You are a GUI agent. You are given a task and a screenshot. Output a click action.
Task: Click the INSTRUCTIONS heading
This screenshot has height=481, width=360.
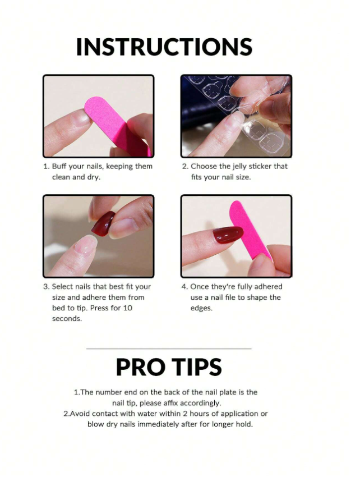pos(164,47)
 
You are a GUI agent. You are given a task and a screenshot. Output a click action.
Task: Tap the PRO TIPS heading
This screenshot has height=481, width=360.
pos(169,367)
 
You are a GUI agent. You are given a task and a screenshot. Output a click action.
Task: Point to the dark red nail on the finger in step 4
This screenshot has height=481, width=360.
pos(228,235)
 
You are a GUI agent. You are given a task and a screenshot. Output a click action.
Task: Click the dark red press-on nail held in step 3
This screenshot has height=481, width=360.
pos(104,223)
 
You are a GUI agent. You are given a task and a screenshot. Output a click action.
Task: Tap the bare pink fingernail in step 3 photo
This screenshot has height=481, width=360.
pos(86,245)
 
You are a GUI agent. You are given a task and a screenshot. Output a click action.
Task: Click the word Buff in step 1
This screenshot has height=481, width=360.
pos(59,166)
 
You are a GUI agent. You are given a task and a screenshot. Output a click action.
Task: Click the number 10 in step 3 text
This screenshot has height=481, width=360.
pos(128,308)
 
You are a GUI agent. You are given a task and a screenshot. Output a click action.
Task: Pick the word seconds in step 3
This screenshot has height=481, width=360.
pos(67,319)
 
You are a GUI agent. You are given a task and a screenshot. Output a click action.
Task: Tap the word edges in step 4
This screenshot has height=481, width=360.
pos(201,308)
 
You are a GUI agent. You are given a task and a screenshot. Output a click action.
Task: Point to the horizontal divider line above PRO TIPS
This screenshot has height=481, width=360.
pos(169,349)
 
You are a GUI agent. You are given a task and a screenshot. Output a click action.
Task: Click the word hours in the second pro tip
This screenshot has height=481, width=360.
pos(200,414)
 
